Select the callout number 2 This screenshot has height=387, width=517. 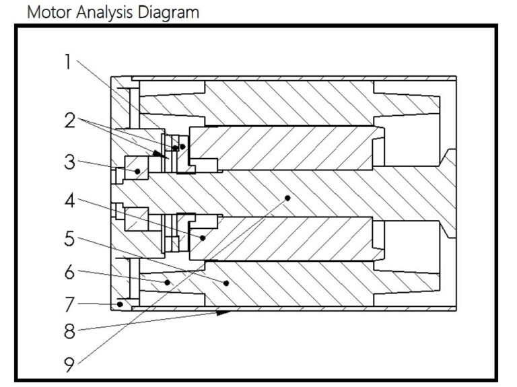[x=69, y=121]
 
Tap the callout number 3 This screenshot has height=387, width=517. [x=69, y=162]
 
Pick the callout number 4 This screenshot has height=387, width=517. [x=69, y=201]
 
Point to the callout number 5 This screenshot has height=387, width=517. [x=69, y=239]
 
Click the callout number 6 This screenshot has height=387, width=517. [x=69, y=272]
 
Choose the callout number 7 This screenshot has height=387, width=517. [x=69, y=304]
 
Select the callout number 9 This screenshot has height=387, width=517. [x=69, y=365]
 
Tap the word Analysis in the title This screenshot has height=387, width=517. [x=108, y=12]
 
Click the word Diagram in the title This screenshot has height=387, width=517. [x=171, y=12]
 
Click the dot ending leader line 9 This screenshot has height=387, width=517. [x=287, y=198]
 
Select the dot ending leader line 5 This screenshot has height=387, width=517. [x=227, y=283]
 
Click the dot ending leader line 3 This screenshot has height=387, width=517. [x=138, y=172]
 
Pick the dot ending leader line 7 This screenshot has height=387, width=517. [x=120, y=304]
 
